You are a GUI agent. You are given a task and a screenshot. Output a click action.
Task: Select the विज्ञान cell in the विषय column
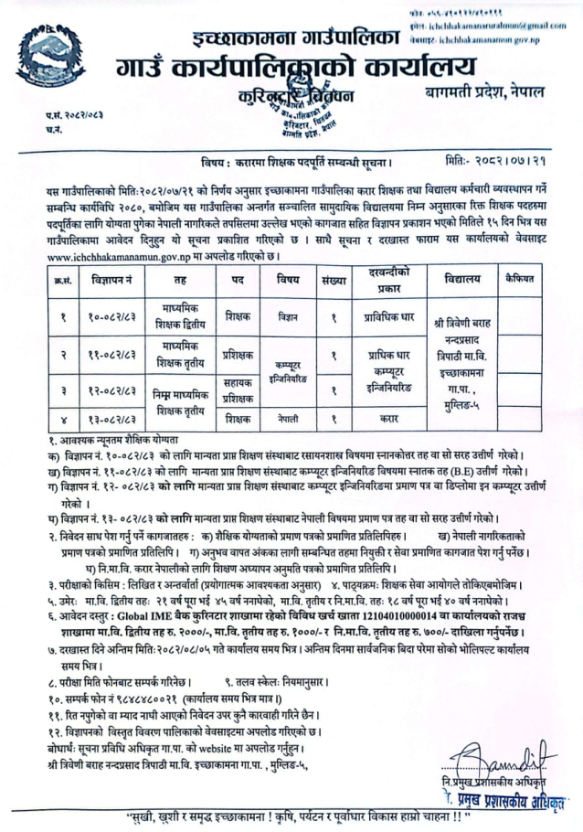point(289,316)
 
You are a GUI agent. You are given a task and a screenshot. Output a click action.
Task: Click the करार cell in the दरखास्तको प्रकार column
point(384,420)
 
